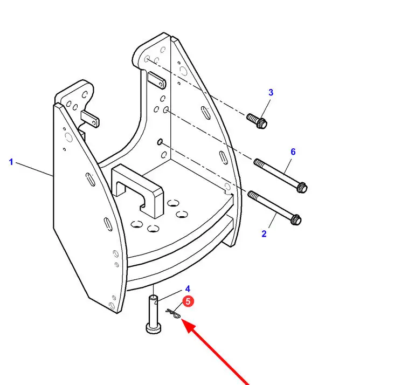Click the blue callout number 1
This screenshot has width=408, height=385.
tap(11, 162)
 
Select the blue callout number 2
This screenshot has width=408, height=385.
tap(264, 234)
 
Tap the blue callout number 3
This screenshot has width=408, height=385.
tap(271, 92)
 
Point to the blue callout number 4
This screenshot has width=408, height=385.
tap(188, 288)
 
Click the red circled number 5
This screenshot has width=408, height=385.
tap(188, 301)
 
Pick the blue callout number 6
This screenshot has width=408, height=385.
tap(293, 152)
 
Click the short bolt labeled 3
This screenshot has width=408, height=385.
tap(257, 121)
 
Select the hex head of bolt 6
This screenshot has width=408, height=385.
tap(302, 188)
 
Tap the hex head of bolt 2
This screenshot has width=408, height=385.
tap(296, 219)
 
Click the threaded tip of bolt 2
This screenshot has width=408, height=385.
tap(252, 195)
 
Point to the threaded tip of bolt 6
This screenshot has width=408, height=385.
tap(258, 162)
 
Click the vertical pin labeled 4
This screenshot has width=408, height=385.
tap(154, 314)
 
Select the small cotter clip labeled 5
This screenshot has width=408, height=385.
tap(173, 313)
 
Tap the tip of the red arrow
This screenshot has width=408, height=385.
tap(181, 319)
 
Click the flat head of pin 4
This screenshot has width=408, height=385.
tap(154, 328)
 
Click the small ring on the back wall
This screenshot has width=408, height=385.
tap(160, 142)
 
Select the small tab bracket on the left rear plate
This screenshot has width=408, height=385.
tap(91, 119)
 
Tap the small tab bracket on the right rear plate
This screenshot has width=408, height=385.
tap(157, 80)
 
